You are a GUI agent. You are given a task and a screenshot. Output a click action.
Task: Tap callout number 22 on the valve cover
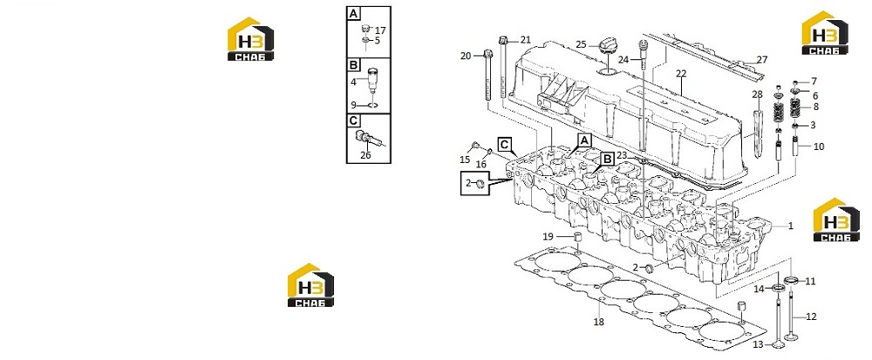[x=681, y=74]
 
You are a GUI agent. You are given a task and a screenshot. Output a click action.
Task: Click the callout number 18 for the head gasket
[x=598, y=322]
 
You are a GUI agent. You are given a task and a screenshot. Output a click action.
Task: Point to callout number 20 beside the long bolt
[x=466, y=56]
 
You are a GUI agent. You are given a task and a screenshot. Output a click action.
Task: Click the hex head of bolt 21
[x=503, y=40]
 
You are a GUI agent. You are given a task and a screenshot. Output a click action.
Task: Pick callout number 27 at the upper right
[x=762, y=59]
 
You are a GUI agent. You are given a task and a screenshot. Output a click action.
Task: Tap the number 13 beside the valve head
[x=759, y=345]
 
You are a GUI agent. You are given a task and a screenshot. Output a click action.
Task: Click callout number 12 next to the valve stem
[x=811, y=316]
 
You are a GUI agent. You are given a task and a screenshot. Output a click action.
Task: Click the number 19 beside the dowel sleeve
[x=548, y=237]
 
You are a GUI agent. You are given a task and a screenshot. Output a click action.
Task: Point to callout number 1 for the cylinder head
[x=790, y=226]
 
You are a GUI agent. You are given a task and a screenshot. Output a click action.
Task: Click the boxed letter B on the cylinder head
[x=607, y=159]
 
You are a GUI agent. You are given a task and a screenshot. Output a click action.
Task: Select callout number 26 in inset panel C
[x=365, y=155]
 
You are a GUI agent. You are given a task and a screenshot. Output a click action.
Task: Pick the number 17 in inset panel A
[x=380, y=31]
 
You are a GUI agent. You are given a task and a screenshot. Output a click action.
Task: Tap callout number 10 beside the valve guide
[x=819, y=146]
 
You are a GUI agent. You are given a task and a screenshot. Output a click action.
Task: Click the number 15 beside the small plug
[x=465, y=160]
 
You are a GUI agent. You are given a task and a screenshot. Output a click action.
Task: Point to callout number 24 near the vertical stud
[x=623, y=59]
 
